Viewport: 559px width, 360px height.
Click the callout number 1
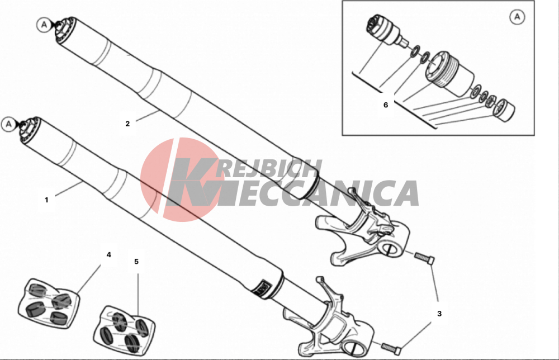click(46, 200)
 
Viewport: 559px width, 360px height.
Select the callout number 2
click(127, 124)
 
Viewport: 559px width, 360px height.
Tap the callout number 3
click(439, 314)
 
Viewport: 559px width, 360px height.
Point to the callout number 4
click(109, 254)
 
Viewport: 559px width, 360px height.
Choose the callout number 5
click(136, 262)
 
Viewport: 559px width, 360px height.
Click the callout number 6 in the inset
click(385, 105)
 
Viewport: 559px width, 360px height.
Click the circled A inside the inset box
click(517, 17)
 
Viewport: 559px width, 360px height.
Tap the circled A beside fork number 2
click(44, 25)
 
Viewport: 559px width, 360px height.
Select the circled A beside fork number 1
click(8, 124)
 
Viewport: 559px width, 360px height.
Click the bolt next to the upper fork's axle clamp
click(424, 258)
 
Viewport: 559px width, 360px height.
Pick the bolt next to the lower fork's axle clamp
click(391, 348)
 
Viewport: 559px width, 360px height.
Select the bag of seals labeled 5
click(124, 330)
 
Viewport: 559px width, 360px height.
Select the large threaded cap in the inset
click(450, 74)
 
